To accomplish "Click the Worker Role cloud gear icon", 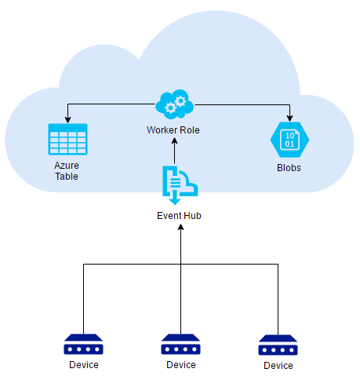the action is [175, 104].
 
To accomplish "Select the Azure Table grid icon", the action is [67, 139].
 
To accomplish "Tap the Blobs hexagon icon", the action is [289, 140].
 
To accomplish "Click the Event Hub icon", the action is [180, 185].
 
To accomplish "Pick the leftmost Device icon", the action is [83, 344].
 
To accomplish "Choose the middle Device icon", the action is [180, 344].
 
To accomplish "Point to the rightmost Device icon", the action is [278, 345].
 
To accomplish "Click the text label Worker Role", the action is [173, 130].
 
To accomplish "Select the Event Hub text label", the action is [179, 216].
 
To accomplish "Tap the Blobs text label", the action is [289, 168].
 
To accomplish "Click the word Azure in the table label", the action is [67, 166].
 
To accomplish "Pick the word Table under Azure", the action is [67, 177].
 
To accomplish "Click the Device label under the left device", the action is [84, 365].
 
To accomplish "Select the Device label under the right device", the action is [278, 366].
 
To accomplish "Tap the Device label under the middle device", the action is [181, 365].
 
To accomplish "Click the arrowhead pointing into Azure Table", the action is [67, 119].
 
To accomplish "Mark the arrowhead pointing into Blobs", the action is [289, 119].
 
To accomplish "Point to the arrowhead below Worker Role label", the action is [174, 141].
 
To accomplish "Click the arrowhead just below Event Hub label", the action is [180, 227].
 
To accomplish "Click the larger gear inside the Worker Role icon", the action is [180, 101].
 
